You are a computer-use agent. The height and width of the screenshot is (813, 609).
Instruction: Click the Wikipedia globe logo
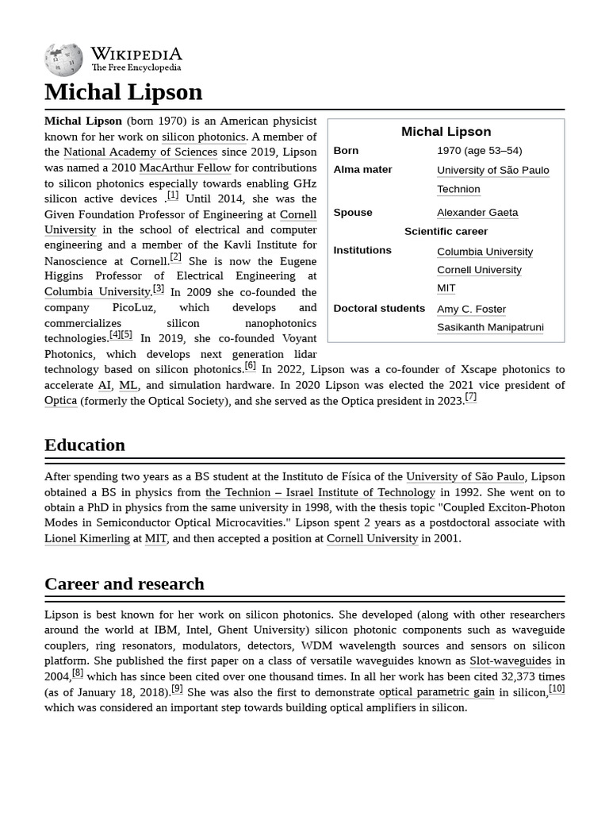pos(63,60)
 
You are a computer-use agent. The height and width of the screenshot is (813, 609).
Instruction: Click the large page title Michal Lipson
pos(123,91)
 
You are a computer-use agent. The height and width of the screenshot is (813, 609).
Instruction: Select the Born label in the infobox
pos(346,150)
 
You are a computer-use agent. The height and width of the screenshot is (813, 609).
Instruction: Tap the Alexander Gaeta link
pos(477,212)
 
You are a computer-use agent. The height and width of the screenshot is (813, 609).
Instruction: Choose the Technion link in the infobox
pos(458,189)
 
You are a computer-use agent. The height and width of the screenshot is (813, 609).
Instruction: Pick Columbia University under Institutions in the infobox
pos(485,252)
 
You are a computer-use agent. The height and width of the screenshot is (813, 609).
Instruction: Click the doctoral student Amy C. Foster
pos(471,309)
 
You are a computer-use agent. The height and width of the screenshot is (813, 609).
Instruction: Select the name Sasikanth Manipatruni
pos(489,327)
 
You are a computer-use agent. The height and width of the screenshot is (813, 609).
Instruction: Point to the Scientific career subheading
pos(446,231)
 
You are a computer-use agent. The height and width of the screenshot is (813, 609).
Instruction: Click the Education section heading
pos(85,445)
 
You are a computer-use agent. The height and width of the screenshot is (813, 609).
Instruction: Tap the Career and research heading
pos(124,584)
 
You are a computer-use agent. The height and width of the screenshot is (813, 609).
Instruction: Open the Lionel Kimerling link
pos(86,538)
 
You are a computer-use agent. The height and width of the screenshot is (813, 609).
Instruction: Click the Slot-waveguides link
pos(510,661)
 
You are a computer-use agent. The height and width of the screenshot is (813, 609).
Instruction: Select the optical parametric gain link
pos(436,692)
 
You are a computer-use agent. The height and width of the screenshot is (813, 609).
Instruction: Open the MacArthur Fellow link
pos(185,168)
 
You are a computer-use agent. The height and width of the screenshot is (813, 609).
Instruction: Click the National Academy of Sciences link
pos(140,152)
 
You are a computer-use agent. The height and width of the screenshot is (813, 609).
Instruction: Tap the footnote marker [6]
pos(250,366)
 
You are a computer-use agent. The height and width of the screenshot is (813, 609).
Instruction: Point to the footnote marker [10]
pos(557,688)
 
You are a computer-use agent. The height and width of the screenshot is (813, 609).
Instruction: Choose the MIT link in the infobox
pos(446,288)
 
